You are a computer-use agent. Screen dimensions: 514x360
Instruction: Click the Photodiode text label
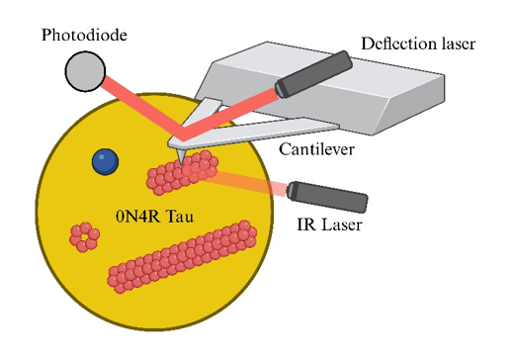[84, 35]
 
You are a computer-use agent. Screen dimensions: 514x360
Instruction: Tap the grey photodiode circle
[85, 71]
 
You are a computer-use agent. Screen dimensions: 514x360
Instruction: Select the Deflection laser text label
[418, 44]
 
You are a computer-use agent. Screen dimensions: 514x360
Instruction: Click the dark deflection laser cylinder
[313, 74]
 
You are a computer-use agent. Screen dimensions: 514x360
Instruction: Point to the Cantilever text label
[316, 149]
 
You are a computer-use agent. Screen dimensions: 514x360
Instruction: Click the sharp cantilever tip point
[181, 163]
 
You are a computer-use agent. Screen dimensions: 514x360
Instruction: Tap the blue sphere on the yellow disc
[105, 161]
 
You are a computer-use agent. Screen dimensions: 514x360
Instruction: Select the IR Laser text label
[329, 225]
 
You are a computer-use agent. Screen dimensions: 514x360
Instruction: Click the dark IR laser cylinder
[327, 197]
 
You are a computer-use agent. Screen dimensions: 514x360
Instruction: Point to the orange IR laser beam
[245, 183]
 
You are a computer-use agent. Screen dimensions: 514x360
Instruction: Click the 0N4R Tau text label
[154, 217]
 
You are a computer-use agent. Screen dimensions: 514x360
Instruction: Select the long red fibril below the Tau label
[182, 256]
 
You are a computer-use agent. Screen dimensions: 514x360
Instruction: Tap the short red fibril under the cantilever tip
[182, 172]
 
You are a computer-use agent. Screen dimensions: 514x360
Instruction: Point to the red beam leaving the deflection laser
[230, 113]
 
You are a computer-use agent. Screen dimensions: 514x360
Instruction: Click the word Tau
[180, 217]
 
